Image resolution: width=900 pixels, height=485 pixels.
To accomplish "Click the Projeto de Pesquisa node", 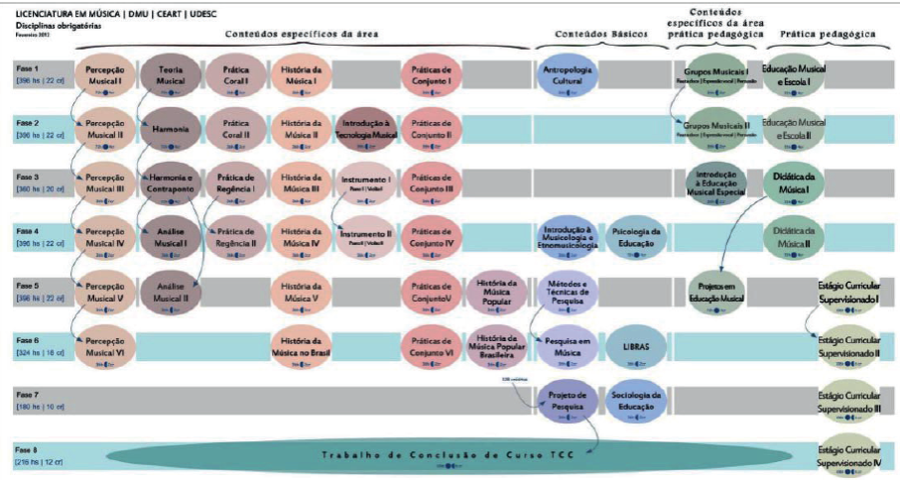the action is point(567,400).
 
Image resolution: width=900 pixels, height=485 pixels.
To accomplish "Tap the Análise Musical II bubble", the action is point(170,292).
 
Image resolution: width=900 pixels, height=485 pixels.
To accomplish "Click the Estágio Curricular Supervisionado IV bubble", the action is point(848,455).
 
